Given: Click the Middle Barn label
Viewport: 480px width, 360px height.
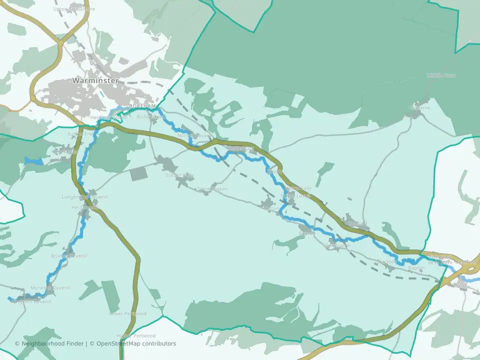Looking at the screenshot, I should pos(441,75).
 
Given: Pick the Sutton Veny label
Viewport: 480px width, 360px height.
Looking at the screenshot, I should pos(179,175).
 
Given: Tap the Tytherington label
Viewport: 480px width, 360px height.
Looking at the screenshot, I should pos(212,189).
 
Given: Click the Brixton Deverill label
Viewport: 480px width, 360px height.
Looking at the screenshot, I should pos(68,256).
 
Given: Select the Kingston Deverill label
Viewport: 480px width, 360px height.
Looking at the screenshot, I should pos(31,302).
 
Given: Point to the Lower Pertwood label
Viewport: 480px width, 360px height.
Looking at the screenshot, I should pos(127,313).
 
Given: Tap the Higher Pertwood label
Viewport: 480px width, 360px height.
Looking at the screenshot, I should pos(135,335).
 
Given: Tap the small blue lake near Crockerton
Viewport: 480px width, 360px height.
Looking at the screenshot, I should pos(33,161).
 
